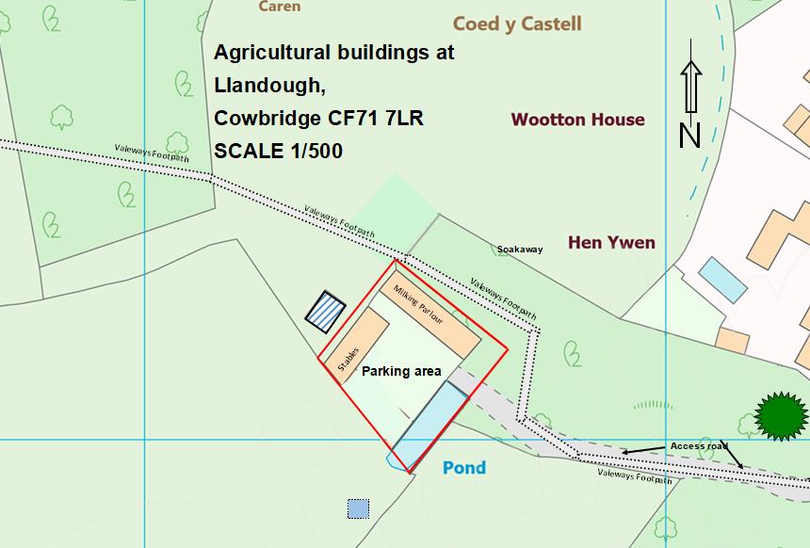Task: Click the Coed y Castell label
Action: tap(517, 24)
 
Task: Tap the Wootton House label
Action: tap(577, 120)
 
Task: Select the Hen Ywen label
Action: tap(611, 243)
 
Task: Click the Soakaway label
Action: tap(520, 250)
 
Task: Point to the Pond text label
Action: tap(464, 467)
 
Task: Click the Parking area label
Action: tap(402, 371)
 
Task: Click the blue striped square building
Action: tap(326, 311)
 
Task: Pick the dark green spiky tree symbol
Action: tap(782, 415)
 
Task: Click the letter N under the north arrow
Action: tap(690, 136)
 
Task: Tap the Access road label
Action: tap(700, 445)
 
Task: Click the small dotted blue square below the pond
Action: tap(358, 509)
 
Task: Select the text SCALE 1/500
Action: tap(278, 151)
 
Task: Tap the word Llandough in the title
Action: tap(268, 86)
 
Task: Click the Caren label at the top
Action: tap(280, 7)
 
